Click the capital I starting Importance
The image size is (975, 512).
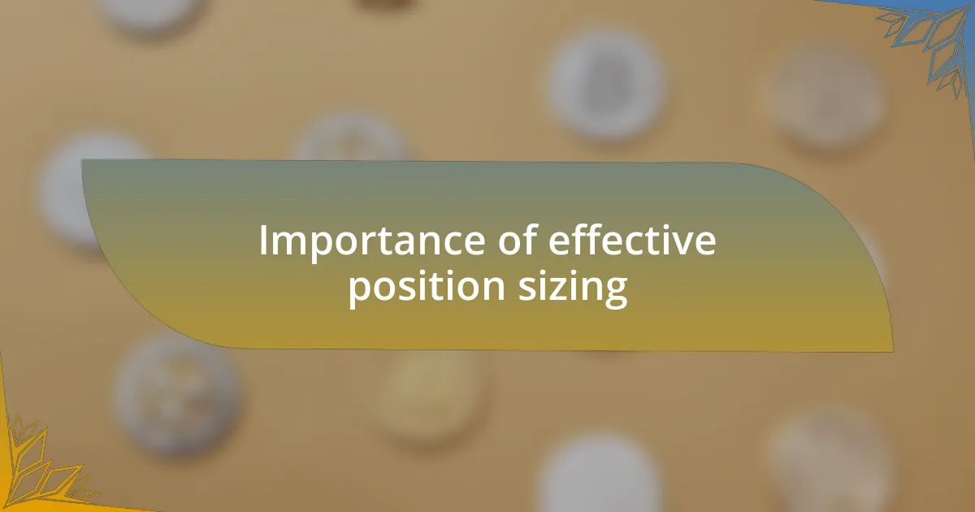(x=263, y=241)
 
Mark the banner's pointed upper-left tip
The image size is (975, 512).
(x=83, y=161)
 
